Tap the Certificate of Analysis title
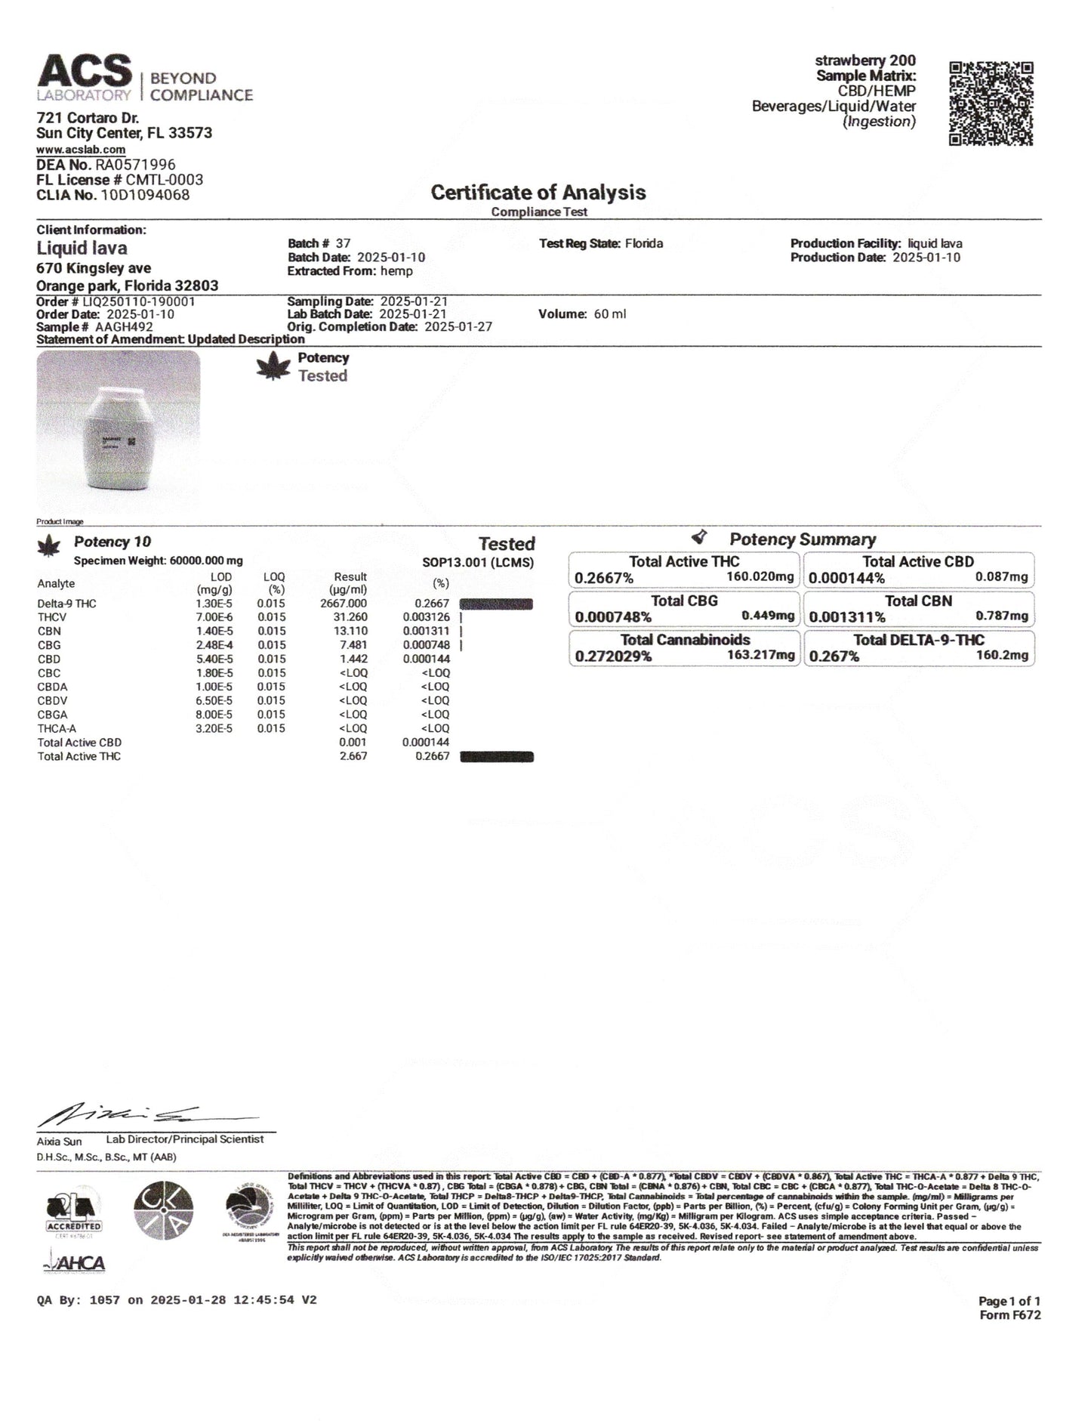pyautogui.click(x=538, y=193)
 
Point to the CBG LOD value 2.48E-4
pyautogui.click(x=212, y=645)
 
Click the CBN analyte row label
pyautogui.click(x=49, y=632)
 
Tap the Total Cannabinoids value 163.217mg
pyautogui.click(x=761, y=655)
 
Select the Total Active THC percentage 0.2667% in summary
pyautogui.click(x=604, y=579)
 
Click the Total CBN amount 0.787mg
pyautogui.click(x=1002, y=616)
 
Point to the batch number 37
pyautogui.click(x=343, y=243)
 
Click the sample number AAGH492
pyautogui.click(x=124, y=327)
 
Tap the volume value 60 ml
pyautogui.click(x=609, y=314)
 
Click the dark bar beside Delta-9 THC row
pyautogui.click(x=496, y=604)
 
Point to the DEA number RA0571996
pyautogui.click(x=135, y=165)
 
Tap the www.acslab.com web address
pyautogui.click(x=81, y=150)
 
